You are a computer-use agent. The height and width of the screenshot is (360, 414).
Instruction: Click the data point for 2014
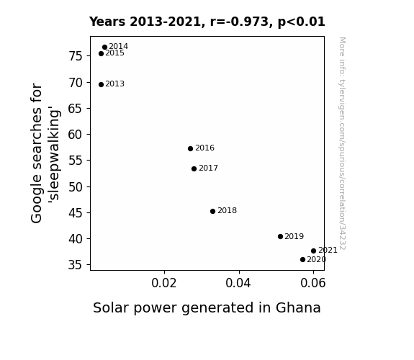point(104,48)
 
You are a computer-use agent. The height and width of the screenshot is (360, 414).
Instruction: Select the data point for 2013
point(101,84)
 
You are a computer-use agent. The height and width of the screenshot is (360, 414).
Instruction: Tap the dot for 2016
point(190,149)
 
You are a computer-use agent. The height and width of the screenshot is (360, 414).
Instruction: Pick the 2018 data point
point(213,211)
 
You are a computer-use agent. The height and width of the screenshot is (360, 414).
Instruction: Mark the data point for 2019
point(280,237)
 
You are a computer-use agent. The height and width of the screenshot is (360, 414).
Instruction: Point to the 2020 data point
point(302,260)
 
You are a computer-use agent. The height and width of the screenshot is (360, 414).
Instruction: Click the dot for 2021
point(313,251)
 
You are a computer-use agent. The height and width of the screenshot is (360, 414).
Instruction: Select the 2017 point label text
point(208,168)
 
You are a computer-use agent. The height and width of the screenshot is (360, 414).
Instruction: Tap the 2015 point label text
point(115,53)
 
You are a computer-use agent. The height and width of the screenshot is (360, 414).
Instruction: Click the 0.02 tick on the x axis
point(164,283)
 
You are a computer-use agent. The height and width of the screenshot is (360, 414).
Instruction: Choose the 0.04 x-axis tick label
point(238,283)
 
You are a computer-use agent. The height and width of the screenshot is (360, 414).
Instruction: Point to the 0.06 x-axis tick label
point(313,283)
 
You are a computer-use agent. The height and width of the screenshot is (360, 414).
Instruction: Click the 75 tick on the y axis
point(76,56)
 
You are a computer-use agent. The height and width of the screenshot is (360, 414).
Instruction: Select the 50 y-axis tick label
point(76,187)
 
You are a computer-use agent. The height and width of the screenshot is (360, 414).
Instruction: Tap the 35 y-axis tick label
point(76,265)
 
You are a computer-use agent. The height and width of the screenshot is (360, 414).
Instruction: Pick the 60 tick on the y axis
point(76,135)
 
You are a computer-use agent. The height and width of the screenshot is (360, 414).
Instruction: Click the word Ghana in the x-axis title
point(298,308)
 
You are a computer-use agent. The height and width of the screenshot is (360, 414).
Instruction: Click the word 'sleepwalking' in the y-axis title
point(55,155)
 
